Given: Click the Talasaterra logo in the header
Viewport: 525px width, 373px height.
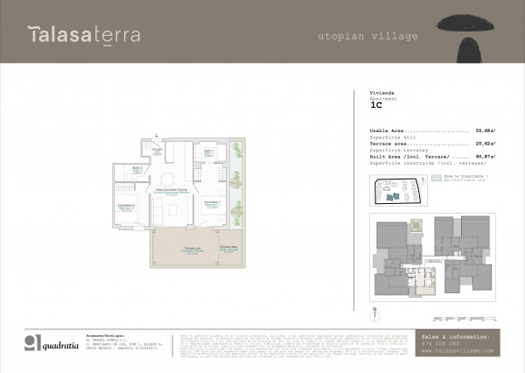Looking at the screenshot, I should [x=83, y=35].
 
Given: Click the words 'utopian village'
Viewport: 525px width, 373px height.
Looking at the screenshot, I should [x=367, y=36].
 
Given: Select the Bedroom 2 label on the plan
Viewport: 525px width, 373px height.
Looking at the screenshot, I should [x=126, y=207].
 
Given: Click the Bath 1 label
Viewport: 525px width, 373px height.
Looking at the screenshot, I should [x=209, y=153].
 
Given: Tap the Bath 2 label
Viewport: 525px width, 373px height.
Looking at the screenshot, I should [x=137, y=169].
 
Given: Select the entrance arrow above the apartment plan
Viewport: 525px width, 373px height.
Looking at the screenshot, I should [x=158, y=137].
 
